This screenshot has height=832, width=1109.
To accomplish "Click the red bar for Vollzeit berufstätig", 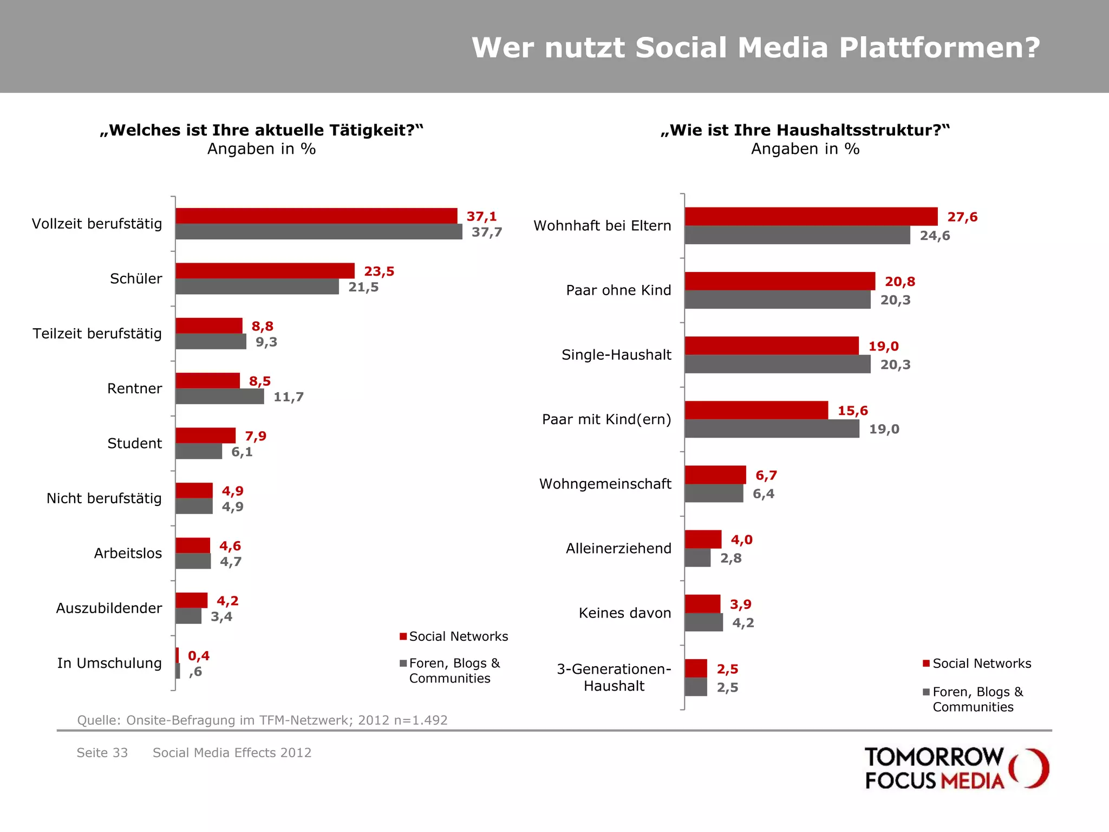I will click(x=316, y=216).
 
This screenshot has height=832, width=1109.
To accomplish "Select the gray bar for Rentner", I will click(x=220, y=396).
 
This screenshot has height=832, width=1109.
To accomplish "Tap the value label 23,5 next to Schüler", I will click(x=379, y=271).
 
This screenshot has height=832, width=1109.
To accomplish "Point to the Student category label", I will click(x=134, y=444).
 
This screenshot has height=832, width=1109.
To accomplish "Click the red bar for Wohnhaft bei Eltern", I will click(x=811, y=217).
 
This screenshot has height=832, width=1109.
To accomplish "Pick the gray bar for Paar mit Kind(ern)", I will click(x=772, y=429).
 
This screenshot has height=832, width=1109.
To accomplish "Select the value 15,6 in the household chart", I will click(x=852, y=411).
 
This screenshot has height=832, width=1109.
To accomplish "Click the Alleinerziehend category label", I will click(x=618, y=548).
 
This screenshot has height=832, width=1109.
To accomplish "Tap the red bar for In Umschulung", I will click(x=177, y=655).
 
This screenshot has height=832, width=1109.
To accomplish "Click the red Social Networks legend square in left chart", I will click(x=403, y=636).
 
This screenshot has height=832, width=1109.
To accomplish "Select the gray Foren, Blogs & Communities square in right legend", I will click(x=926, y=692).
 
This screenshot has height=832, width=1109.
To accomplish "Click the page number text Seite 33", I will click(x=102, y=753).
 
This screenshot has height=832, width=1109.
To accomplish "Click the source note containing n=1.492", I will click(x=262, y=720).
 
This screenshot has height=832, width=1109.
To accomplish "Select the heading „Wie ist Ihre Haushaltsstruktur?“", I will click(x=805, y=131).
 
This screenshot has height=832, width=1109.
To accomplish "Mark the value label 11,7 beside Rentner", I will click(x=288, y=397).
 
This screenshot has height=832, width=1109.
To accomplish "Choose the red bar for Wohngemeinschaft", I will click(x=715, y=475).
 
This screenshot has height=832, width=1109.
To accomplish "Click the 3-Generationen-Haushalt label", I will click(x=614, y=677).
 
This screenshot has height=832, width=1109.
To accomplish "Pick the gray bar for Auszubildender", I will click(x=188, y=616).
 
